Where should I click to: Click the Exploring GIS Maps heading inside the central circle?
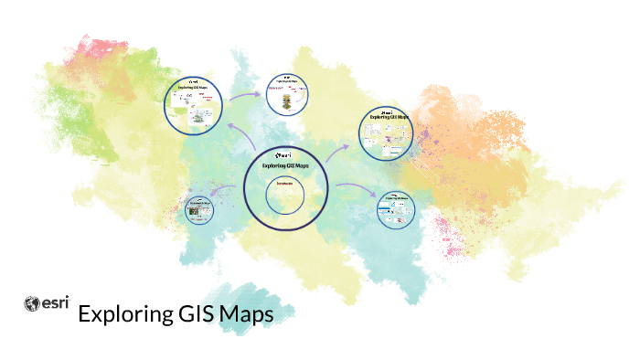coord(285,166)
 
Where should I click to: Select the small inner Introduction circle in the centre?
coord(285,195)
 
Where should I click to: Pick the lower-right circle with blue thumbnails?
coord(398,208)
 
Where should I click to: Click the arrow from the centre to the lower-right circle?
coord(355,189)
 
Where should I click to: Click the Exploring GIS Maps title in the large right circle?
coord(390,118)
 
